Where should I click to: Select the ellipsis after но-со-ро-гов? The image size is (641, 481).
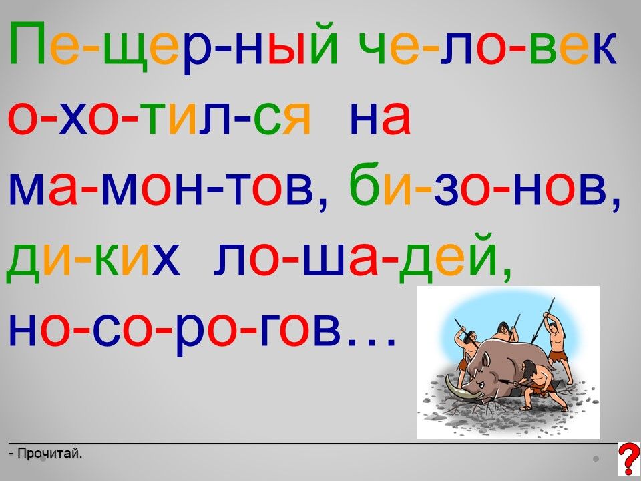click(371, 341)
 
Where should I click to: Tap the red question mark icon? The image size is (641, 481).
click(630, 459)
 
